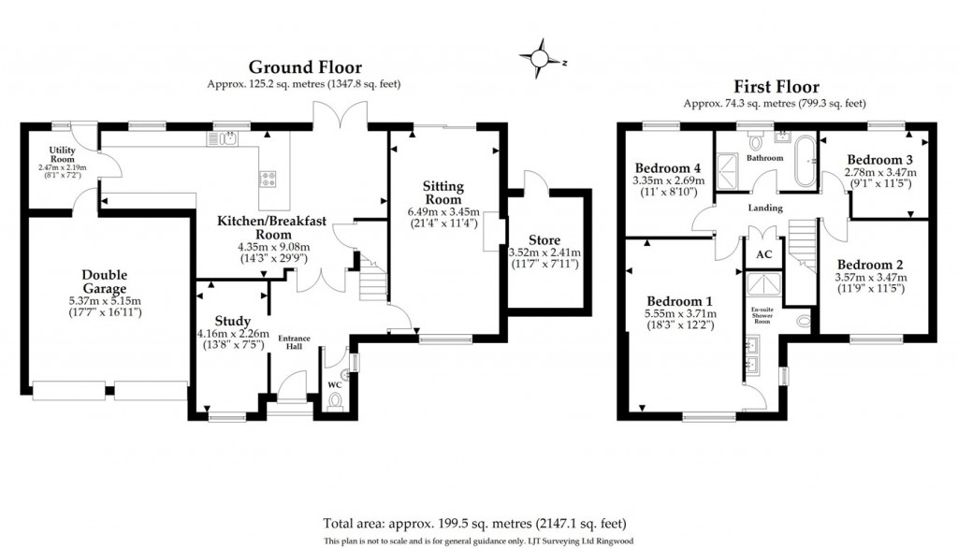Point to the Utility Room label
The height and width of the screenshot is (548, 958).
click(x=62, y=154)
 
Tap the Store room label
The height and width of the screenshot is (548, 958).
click(x=544, y=240)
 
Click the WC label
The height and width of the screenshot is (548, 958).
click(x=335, y=384)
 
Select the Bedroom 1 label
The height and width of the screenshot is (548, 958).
click(x=680, y=300)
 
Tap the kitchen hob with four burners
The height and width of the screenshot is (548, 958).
click(x=268, y=176)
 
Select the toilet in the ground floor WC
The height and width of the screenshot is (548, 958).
click(x=337, y=401)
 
